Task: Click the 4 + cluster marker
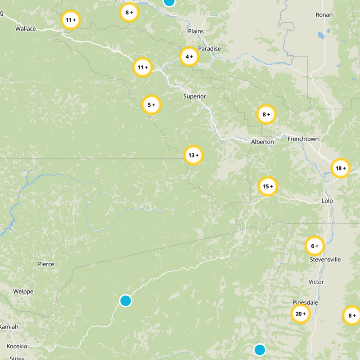tap(189, 57)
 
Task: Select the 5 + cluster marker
tap(152, 105)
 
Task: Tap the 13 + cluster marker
tap(193, 155)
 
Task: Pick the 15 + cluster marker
tap(268, 186)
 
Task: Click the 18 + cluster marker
tap(341, 168)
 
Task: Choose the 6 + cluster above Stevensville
tap(315, 246)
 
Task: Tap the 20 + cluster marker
tap(301, 314)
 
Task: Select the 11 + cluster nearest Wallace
tap(71, 20)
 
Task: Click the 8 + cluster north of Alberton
tap(266, 114)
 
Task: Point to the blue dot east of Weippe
tap(126, 300)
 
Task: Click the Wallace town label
tap(25, 28)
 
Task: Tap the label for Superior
tap(194, 96)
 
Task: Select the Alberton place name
tap(262, 142)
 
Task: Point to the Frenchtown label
tap(303, 139)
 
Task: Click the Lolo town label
tap(327, 201)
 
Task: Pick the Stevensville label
tap(325, 260)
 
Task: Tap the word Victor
tap(316, 282)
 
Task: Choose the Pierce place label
tap(46, 264)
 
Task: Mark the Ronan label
tap(324, 15)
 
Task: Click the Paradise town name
tap(210, 49)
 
